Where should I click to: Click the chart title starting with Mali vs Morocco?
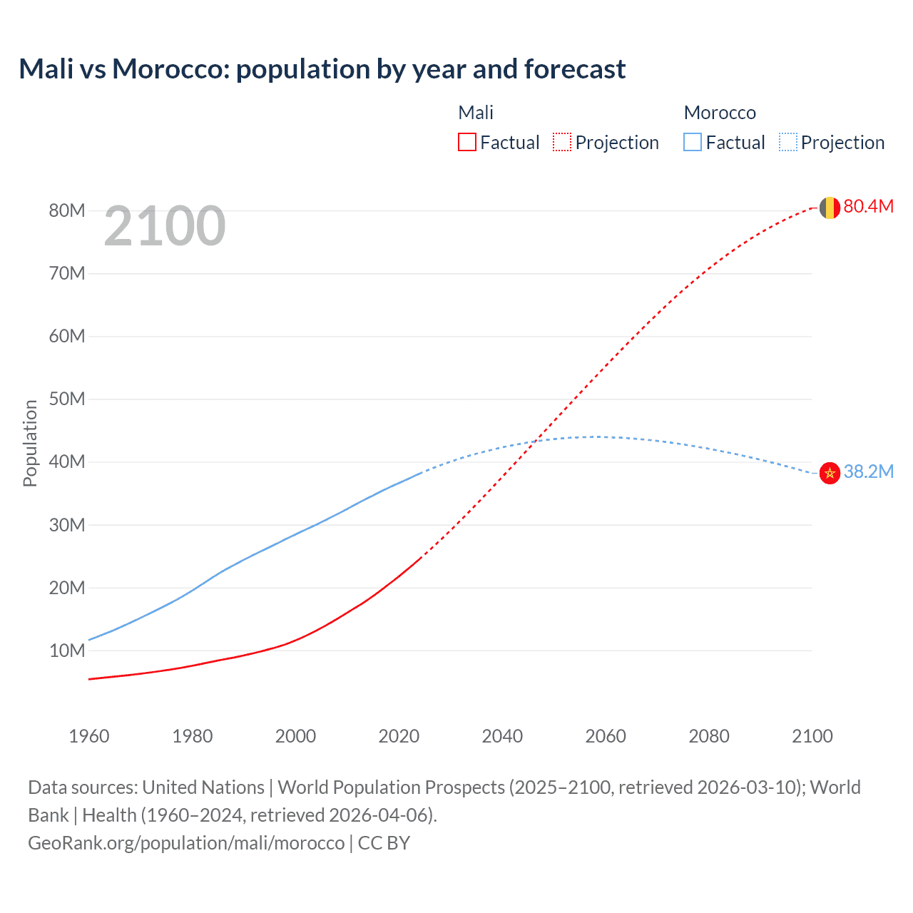point(322,69)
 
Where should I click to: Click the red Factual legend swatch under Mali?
point(466,142)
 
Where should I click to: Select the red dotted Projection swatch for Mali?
point(562,142)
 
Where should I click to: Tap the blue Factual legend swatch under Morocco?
point(692,142)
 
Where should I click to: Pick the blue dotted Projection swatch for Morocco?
point(787,142)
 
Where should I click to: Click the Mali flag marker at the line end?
point(829,208)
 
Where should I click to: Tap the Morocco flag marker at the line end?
point(829,472)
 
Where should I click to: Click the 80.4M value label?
point(868,206)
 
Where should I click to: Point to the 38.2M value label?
point(868,471)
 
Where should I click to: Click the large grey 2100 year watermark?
point(165,226)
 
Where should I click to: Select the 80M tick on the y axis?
point(67,210)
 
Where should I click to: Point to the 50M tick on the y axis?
point(67,399)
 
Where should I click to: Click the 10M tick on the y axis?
point(67,651)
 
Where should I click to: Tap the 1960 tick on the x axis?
point(89,736)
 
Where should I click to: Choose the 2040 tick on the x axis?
point(502,736)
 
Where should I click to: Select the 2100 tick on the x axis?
point(812,736)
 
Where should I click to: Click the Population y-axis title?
point(30,443)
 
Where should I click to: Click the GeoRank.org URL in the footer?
point(186,842)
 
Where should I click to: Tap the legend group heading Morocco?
point(720,113)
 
